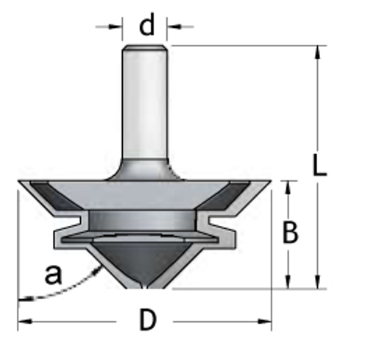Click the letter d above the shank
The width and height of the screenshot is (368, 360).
[x=148, y=27]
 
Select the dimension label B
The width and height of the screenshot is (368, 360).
[x=291, y=233]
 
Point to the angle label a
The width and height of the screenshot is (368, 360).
[x=52, y=275]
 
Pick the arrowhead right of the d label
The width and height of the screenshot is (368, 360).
[x=174, y=27]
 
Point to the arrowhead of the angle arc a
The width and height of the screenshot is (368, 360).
[x=96, y=272]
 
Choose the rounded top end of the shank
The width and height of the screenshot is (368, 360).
[x=146, y=49]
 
